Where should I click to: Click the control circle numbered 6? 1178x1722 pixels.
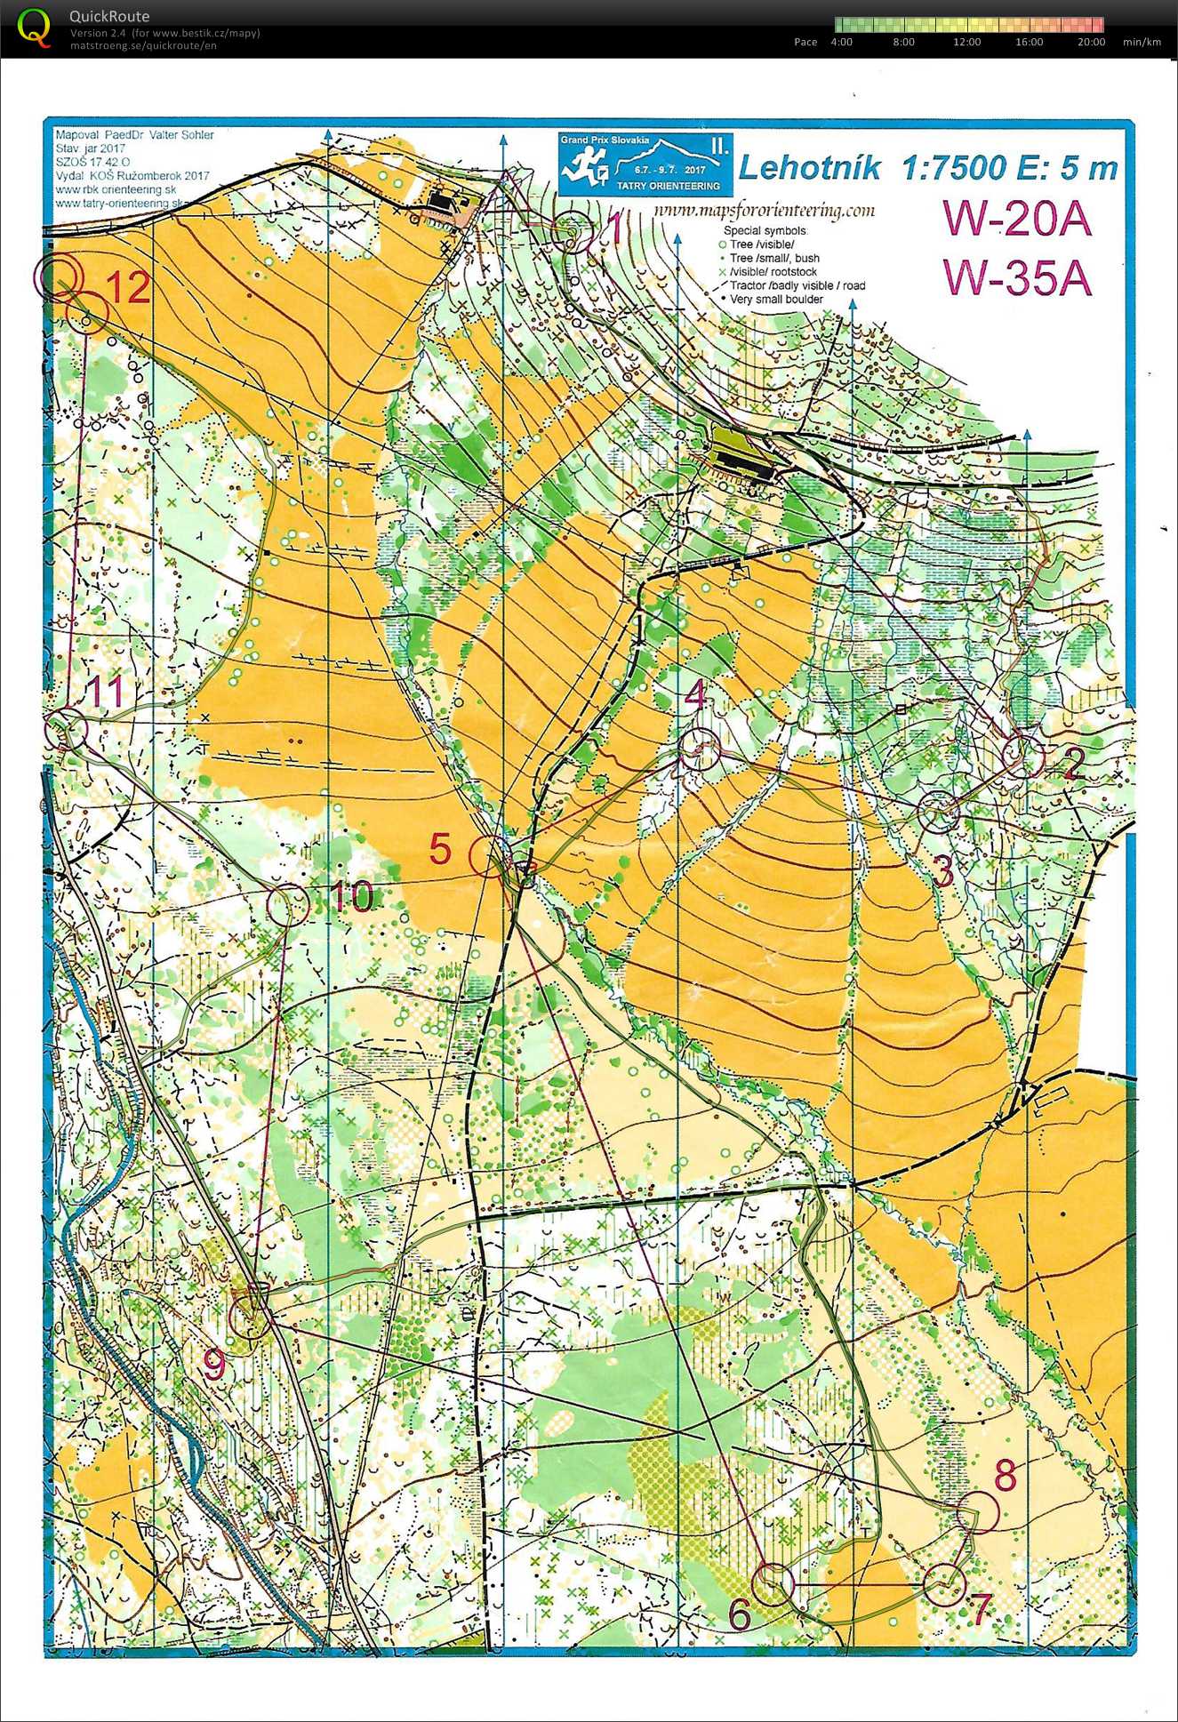coord(773,1584)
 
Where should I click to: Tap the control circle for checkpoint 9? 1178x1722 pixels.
coord(252,1317)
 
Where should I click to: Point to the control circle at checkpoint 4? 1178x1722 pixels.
coord(699,749)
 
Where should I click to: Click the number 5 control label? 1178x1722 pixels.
coord(440,849)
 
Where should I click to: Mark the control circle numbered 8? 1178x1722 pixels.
coord(978,1511)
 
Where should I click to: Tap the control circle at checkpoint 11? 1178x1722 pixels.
coord(67,730)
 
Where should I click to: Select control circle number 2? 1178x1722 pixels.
coord(1022,756)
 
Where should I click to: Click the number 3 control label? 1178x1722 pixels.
coord(943,872)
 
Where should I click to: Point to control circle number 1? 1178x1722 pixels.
coord(573,232)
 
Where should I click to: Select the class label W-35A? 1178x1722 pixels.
coord(1017,277)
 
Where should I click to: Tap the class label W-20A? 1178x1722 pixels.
coord(1017,219)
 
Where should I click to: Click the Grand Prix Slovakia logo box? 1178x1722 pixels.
coord(646,164)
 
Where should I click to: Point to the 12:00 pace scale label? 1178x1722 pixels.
coord(966,42)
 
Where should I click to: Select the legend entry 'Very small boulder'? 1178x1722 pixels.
coord(775,300)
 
